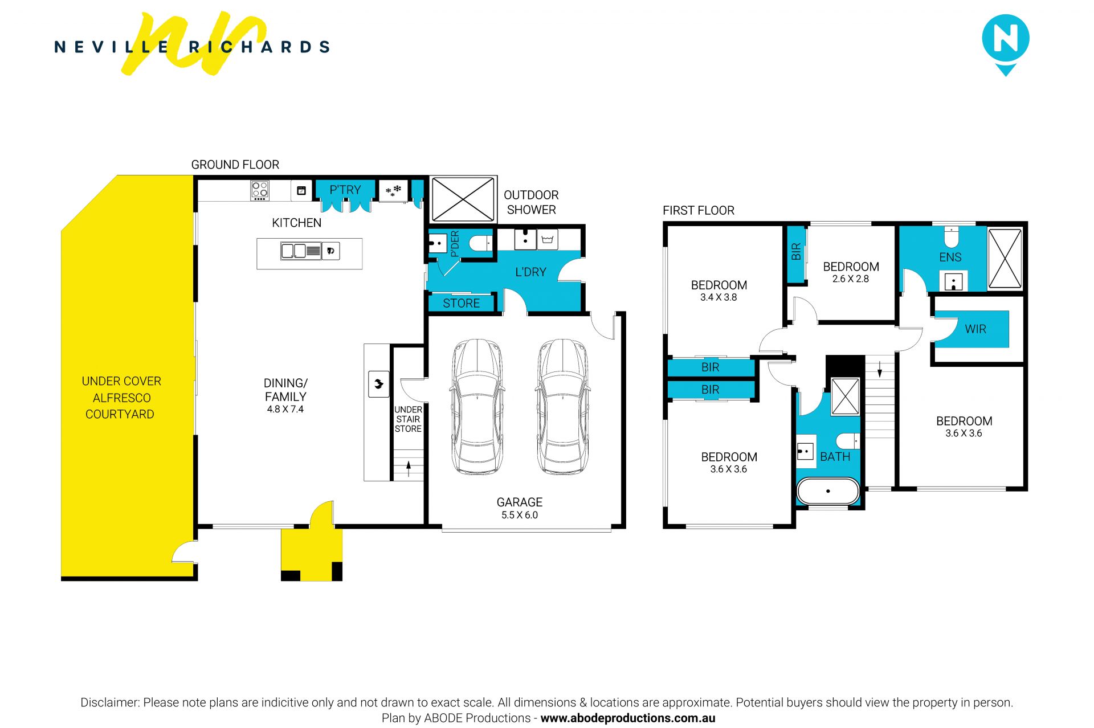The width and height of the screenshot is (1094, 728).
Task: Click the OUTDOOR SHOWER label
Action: (x=531, y=202)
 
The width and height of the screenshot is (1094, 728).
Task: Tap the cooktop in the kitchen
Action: (x=260, y=190)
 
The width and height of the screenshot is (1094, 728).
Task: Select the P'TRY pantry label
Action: (x=345, y=190)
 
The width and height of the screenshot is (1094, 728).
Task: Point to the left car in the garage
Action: (x=477, y=407)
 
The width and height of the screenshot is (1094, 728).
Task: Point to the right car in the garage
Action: (x=562, y=407)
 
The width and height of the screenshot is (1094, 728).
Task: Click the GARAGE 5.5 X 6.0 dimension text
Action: (x=520, y=515)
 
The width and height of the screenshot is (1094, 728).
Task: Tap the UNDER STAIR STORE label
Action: (x=409, y=419)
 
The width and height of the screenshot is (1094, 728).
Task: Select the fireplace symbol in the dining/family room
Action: (x=379, y=384)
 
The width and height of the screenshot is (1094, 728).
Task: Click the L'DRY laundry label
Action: (x=530, y=272)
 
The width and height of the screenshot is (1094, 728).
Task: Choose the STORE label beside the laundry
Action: (x=462, y=303)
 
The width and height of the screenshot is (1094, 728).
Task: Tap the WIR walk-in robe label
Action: (x=975, y=329)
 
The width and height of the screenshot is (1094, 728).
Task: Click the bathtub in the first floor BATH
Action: (x=828, y=491)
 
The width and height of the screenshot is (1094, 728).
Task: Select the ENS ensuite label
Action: (x=950, y=257)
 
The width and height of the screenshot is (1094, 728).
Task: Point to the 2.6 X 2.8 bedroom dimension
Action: (x=851, y=279)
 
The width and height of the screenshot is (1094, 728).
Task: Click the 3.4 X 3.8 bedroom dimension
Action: (x=719, y=297)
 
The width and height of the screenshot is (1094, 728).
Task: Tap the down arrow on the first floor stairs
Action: (x=880, y=369)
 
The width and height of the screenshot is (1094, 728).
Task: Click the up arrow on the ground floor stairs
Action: (x=409, y=468)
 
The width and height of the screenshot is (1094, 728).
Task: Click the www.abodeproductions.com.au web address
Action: (x=628, y=718)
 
